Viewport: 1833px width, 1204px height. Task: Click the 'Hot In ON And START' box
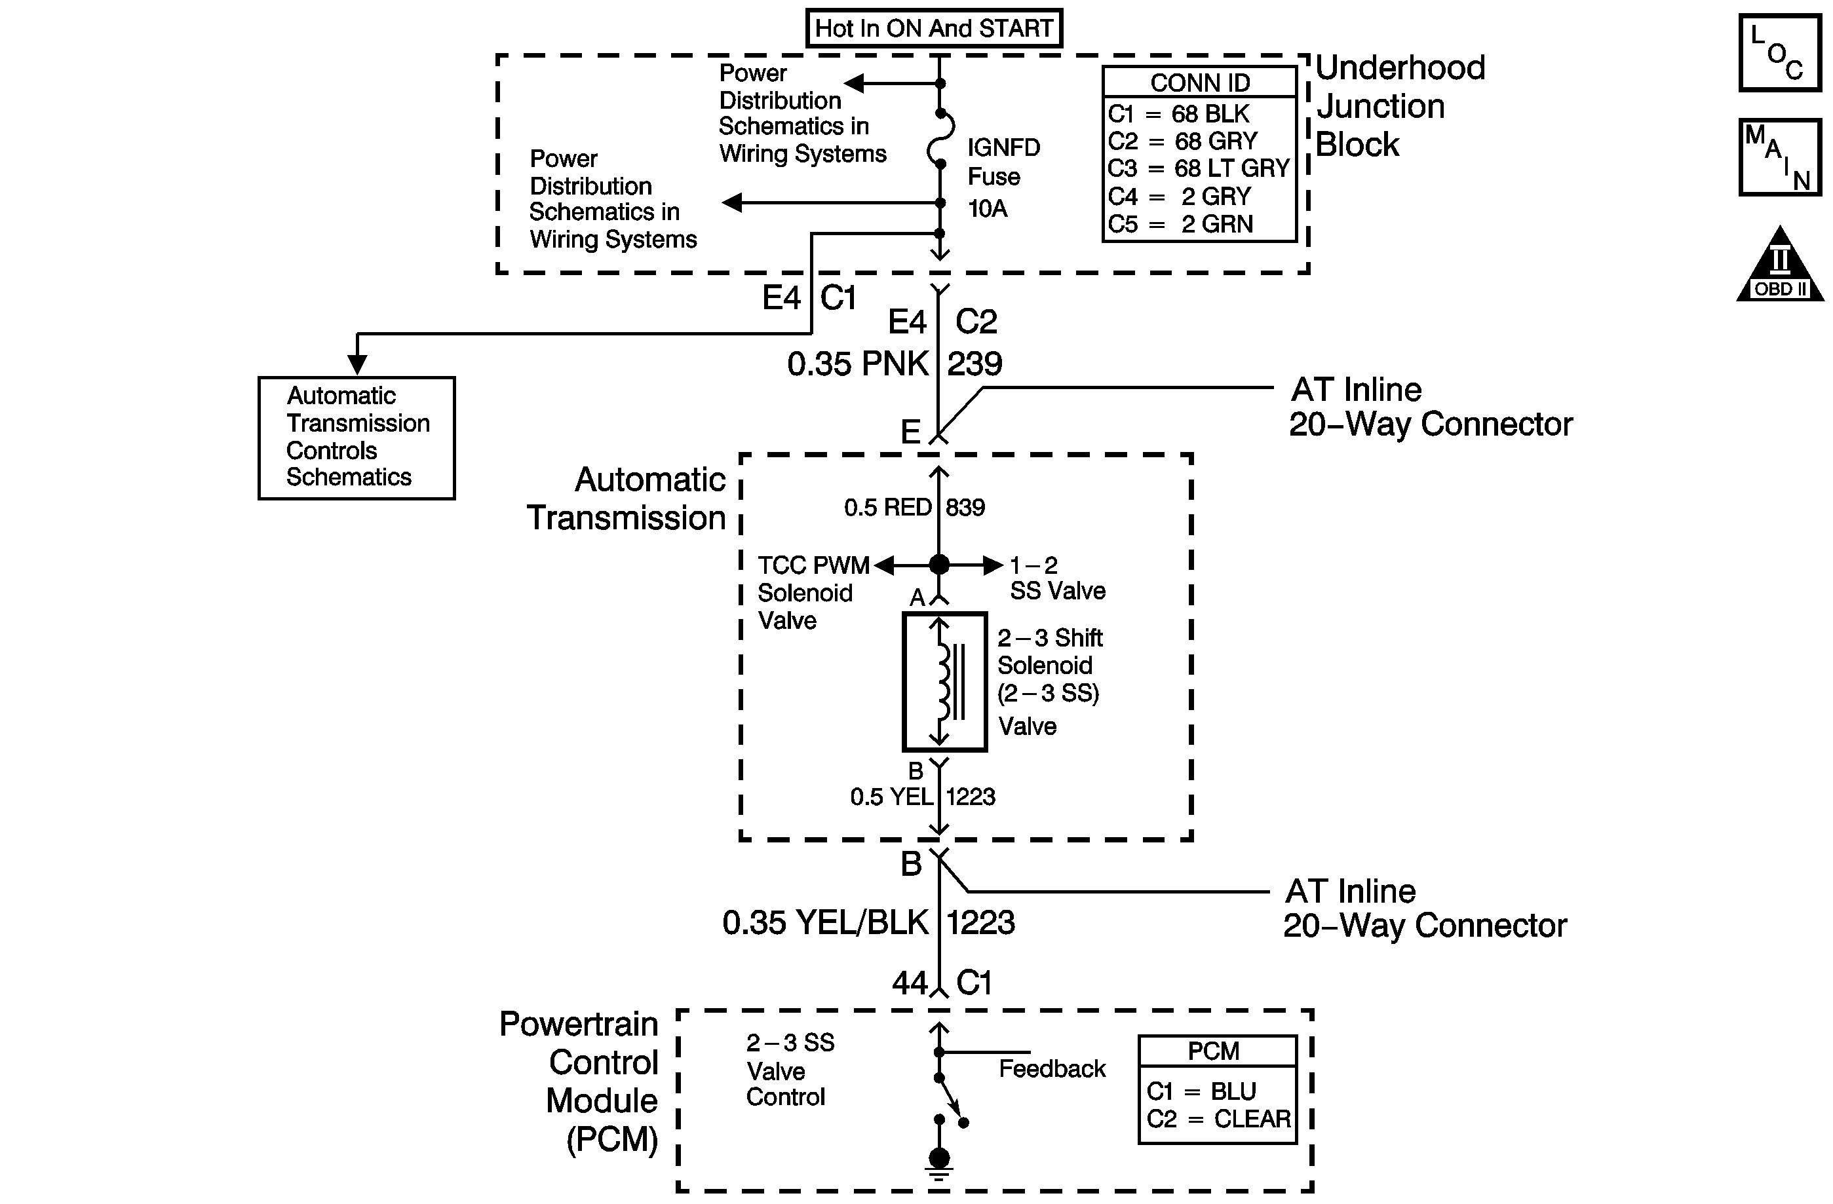point(933,28)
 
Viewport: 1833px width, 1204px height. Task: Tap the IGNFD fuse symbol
point(940,139)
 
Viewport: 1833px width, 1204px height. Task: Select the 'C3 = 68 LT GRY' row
point(1199,168)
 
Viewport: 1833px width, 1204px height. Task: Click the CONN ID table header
point(1199,83)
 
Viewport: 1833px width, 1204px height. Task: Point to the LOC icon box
point(1779,53)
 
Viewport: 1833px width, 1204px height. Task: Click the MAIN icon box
point(1779,157)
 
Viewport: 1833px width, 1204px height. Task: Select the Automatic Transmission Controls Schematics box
point(357,438)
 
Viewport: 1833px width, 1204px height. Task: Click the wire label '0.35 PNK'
point(857,364)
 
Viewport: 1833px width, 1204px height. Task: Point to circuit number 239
point(974,364)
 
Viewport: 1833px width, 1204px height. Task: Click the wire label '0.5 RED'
point(887,507)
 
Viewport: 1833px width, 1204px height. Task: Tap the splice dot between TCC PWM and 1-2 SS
point(939,565)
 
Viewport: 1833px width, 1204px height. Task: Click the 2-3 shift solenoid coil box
point(944,681)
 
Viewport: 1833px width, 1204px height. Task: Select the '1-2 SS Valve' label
point(1056,578)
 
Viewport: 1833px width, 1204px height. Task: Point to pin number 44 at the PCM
point(910,983)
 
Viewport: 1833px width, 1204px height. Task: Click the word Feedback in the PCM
point(1051,1068)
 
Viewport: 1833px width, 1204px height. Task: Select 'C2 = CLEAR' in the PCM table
point(1218,1119)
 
